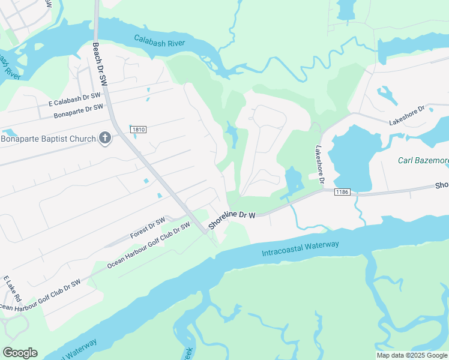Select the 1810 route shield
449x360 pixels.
click(139, 129)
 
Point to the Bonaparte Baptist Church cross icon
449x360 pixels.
click(105, 139)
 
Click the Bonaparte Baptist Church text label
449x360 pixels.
click(48, 139)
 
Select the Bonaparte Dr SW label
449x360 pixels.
click(78, 111)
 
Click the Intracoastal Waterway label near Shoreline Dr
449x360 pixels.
click(300, 248)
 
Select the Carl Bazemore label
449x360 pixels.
click(423, 160)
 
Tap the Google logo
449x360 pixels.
click(20, 352)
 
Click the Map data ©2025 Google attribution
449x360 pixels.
click(411, 355)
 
